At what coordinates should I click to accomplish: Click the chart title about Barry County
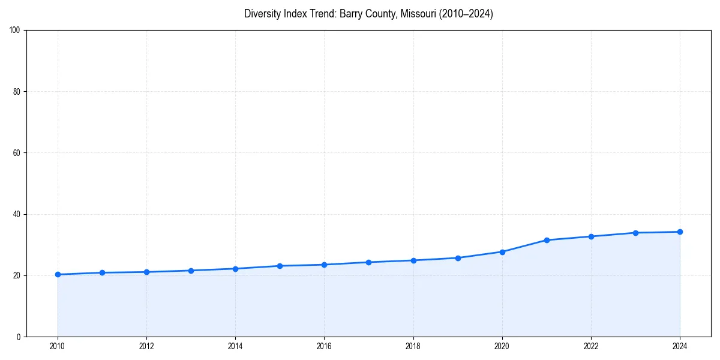368,14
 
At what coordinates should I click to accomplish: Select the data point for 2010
58,274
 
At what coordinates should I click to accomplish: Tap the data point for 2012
146,272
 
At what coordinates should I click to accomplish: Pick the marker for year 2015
280,266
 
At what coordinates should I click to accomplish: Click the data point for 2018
413,260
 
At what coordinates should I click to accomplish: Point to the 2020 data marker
502,252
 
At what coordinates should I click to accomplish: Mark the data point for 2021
547,240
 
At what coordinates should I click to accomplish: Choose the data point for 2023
635,233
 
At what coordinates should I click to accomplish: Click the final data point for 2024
680,232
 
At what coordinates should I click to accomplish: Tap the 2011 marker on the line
102,272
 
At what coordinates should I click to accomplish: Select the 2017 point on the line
368,262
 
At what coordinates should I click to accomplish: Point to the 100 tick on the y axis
16,31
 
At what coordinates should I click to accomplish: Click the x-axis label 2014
235,346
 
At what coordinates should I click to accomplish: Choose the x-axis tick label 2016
324,346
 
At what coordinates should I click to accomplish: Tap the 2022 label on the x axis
591,346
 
